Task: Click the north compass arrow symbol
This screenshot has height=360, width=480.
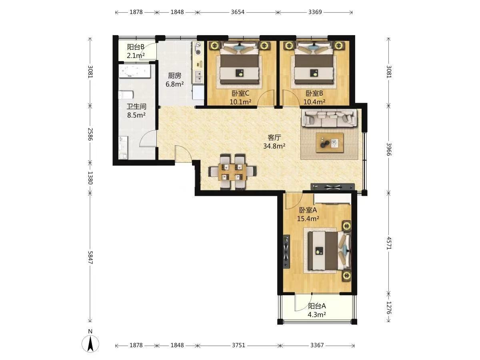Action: tap(90, 343)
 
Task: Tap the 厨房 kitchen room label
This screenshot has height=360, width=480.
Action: tap(174, 76)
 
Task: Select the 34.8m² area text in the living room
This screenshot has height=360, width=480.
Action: tap(274, 146)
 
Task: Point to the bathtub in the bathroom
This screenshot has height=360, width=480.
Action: tap(135, 71)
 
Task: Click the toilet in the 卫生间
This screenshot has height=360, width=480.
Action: tap(126, 95)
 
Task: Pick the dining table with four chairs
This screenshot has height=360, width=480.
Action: tap(232, 171)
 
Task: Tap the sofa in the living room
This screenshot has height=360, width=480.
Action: tap(329, 118)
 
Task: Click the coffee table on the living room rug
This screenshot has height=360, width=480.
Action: tap(330, 143)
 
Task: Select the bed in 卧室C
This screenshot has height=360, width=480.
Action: tap(240, 63)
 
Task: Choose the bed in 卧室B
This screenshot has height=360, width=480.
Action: tap(314, 63)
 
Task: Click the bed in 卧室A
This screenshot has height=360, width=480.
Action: tap(329, 250)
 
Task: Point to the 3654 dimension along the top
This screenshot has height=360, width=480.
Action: tap(238, 12)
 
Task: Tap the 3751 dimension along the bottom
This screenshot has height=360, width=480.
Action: tap(238, 345)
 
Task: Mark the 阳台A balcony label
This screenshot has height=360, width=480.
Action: tap(317, 306)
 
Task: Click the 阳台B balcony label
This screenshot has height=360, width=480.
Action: tap(136, 47)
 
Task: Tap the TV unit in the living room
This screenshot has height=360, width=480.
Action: tap(333, 187)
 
